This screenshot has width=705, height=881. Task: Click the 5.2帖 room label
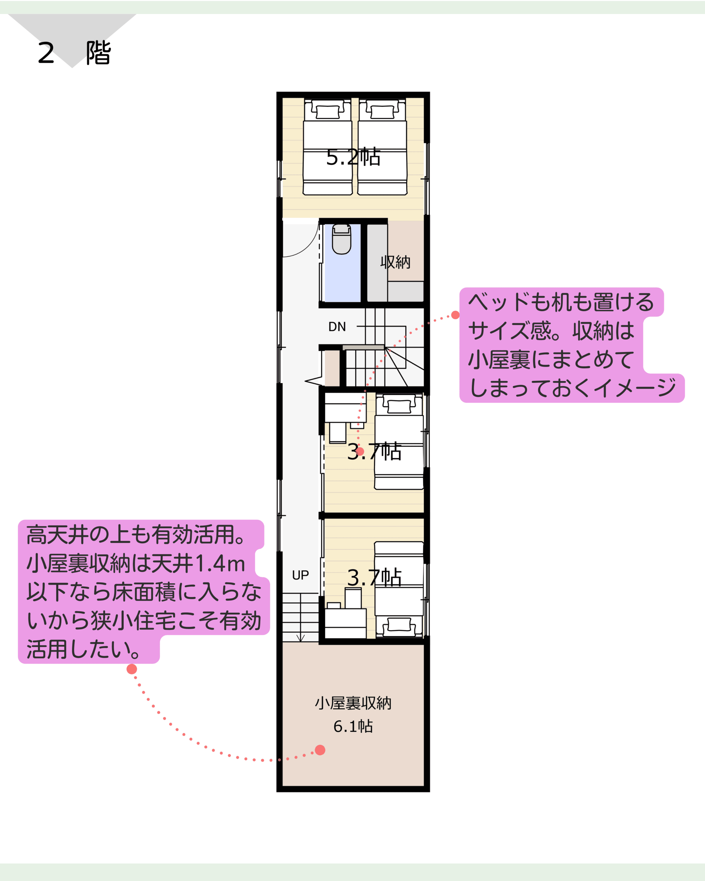click(353, 157)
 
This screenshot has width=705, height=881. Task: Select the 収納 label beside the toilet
click(395, 262)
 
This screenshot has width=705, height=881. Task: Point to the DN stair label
click(337, 327)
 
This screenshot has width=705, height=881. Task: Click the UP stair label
click(301, 575)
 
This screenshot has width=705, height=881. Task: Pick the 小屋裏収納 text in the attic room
click(353, 703)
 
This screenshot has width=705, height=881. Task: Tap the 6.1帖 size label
click(353, 726)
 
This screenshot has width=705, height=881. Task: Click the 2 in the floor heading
click(46, 53)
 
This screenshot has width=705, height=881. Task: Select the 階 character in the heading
click(98, 53)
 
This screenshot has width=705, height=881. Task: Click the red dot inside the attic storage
click(320, 750)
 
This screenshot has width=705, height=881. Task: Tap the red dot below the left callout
click(131, 669)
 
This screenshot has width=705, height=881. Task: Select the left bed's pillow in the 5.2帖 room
click(328, 112)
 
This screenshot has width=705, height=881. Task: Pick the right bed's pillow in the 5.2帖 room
click(382, 112)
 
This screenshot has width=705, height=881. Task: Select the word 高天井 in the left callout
click(57, 535)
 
